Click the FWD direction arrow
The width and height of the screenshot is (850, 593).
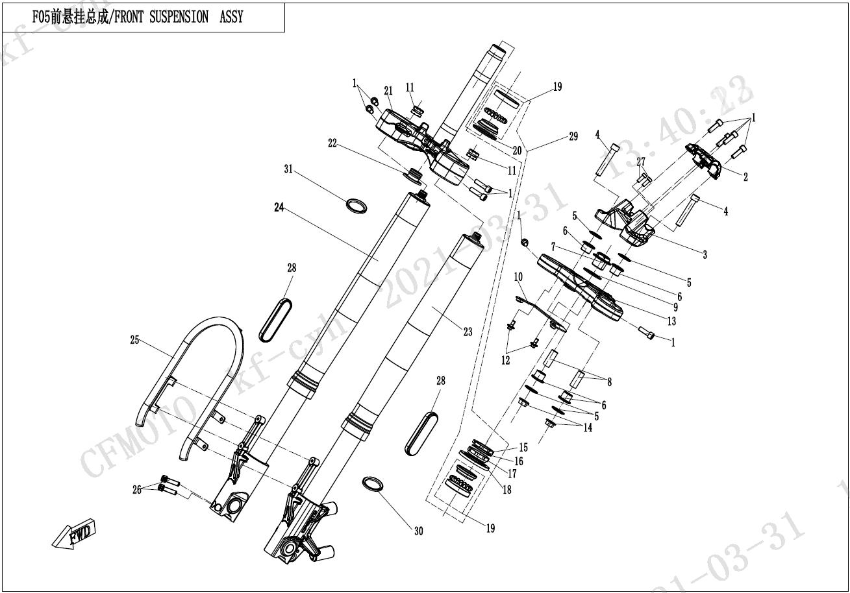(x=73, y=534)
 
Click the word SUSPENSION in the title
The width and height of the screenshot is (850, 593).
(x=179, y=17)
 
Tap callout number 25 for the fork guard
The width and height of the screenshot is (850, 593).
(x=134, y=340)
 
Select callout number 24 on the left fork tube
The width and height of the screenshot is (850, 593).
(x=279, y=208)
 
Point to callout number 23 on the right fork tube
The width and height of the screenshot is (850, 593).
(x=468, y=332)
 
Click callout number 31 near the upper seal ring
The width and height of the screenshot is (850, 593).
(x=288, y=169)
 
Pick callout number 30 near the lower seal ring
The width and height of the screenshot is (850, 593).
(x=419, y=531)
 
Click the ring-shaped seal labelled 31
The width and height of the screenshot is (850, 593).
(x=356, y=206)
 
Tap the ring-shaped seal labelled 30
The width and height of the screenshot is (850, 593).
(x=373, y=485)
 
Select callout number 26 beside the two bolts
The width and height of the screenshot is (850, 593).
(x=137, y=490)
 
